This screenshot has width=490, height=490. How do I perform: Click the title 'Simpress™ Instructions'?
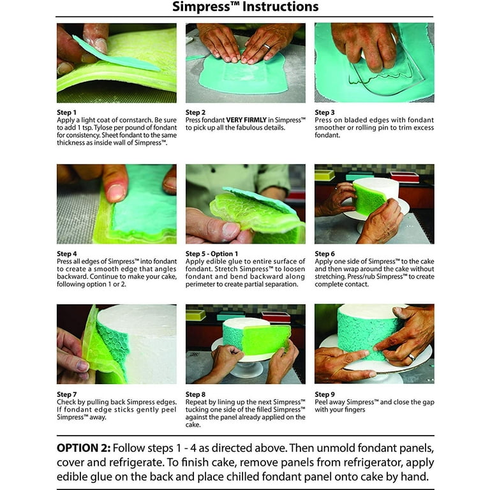[x=246, y=8]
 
